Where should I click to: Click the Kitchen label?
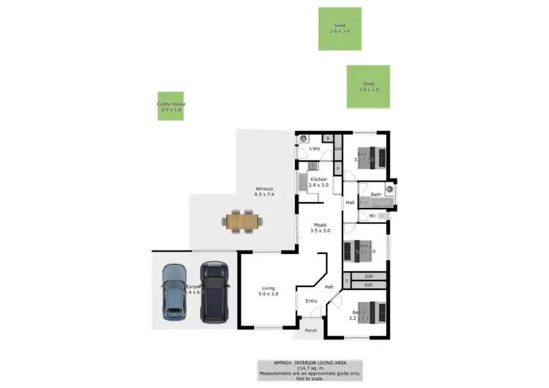pyautogui.click(x=318, y=179)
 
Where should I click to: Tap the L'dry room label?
pyautogui.click(x=315, y=149)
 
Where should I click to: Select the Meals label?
pyautogui.click(x=320, y=225)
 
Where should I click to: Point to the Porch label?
pyautogui.click(x=310, y=330)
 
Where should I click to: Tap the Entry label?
pyautogui.click(x=311, y=301)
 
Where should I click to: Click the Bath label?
pyautogui.click(x=376, y=195)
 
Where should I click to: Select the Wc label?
pyautogui.click(x=373, y=216)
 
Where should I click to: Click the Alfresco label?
pyautogui.click(x=264, y=188)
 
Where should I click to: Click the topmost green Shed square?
pyautogui.click(x=340, y=29)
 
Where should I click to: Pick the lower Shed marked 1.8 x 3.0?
pyautogui.click(x=368, y=86)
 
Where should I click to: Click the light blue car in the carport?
pyautogui.click(x=174, y=291)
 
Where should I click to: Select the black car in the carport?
pyautogui.click(x=214, y=291)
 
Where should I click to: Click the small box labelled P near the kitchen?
pyautogui.click(x=337, y=169)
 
